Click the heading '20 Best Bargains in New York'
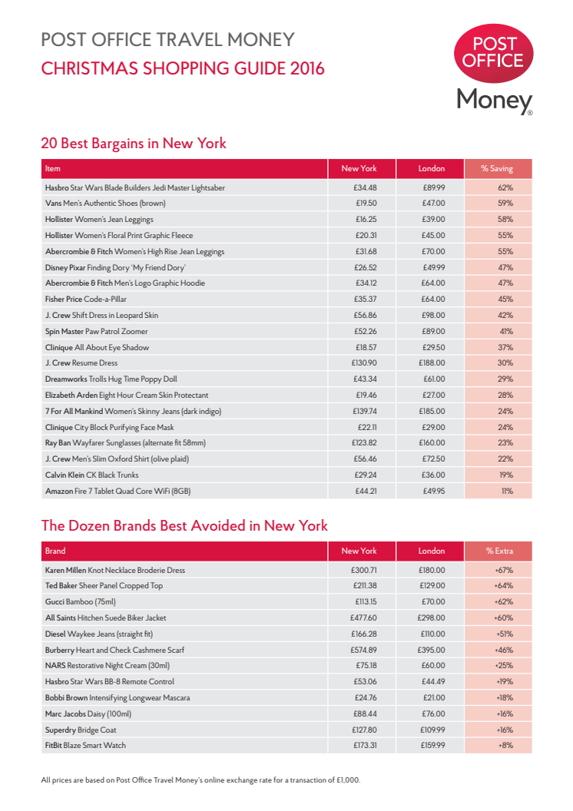[133, 144]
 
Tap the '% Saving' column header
[498, 168]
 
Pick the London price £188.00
[432, 363]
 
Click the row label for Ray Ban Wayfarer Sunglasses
[125, 443]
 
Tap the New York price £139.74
[364, 412]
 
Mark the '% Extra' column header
[498, 551]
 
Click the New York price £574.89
[364, 650]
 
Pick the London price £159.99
[432, 746]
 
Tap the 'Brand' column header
[55, 551]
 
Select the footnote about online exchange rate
[200, 780]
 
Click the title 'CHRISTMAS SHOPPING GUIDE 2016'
[183, 68]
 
